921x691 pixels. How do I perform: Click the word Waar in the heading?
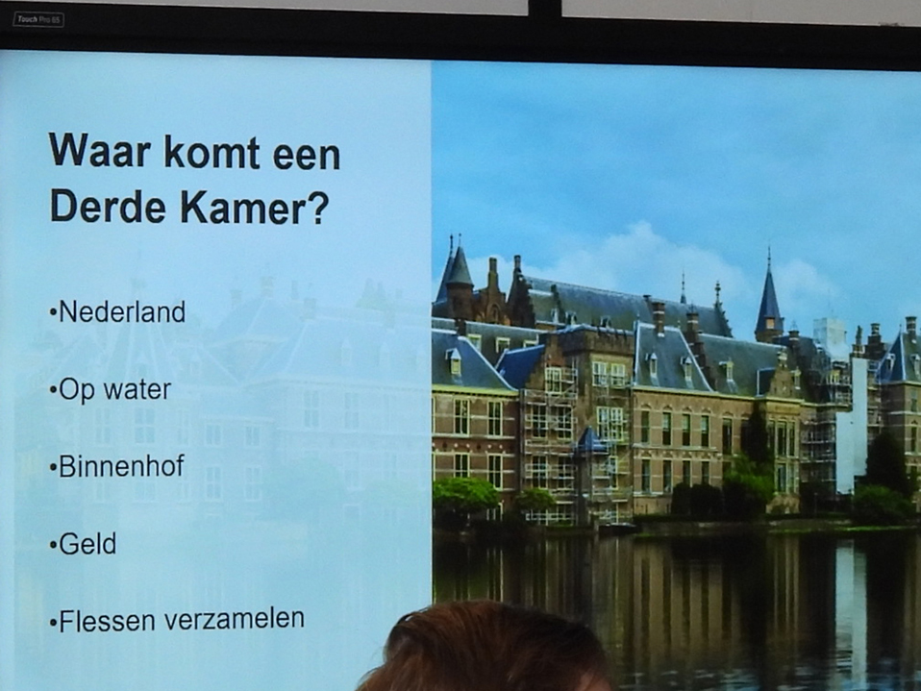coord(100,152)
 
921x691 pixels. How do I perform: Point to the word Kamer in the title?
coord(242,207)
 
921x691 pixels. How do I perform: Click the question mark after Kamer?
coord(318,207)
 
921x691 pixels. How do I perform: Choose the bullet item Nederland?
coord(117,311)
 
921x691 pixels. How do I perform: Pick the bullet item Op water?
coord(111,390)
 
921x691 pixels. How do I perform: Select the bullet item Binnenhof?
coord(117,466)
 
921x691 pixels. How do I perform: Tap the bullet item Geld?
coord(83,544)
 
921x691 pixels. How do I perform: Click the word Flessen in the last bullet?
coord(107,621)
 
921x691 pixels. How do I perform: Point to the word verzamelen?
coord(235,619)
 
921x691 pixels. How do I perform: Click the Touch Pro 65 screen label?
coord(38,20)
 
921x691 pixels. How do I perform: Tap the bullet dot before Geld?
coord(53,546)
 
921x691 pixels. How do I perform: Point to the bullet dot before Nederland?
coord(53,313)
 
